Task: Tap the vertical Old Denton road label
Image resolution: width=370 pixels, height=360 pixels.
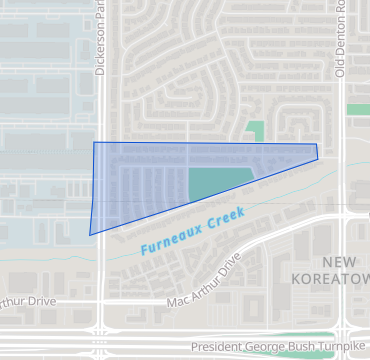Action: click(x=340, y=40)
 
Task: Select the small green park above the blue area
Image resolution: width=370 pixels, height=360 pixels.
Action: click(x=256, y=131)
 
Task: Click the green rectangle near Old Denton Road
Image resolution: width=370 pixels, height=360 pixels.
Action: click(x=358, y=109)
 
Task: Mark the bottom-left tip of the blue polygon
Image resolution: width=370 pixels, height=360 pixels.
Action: click(x=90, y=235)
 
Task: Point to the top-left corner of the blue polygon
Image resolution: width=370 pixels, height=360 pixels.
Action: click(x=94, y=142)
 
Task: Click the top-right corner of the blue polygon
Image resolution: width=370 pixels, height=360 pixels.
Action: click(x=316, y=145)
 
